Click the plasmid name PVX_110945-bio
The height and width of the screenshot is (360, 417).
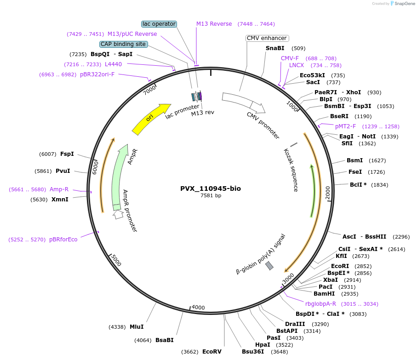[210, 189]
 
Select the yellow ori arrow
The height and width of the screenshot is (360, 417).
[151, 119]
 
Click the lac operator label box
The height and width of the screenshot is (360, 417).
[159, 24]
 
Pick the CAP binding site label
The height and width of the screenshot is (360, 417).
[124, 44]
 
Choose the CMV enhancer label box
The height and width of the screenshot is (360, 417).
[267, 38]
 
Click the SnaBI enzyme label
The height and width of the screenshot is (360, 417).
[275, 48]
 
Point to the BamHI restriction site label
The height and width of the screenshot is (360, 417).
[324, 294]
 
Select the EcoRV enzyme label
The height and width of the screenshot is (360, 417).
[212, 352]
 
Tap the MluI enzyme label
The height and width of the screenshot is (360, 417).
[137, 327]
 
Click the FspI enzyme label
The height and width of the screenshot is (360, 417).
[67, 154]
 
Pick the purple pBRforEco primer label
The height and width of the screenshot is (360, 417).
[63, 240]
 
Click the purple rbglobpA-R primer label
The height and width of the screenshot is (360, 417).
[321, 303]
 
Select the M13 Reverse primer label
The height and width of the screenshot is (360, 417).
[214, 24]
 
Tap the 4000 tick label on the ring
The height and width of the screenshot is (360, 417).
[198, 307]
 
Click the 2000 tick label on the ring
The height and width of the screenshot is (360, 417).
[327, 193]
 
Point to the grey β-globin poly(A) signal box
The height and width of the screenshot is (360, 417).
[269, 266]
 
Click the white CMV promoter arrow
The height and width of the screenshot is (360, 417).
[244, 103]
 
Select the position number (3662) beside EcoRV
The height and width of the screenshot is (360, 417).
[190, 352]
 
